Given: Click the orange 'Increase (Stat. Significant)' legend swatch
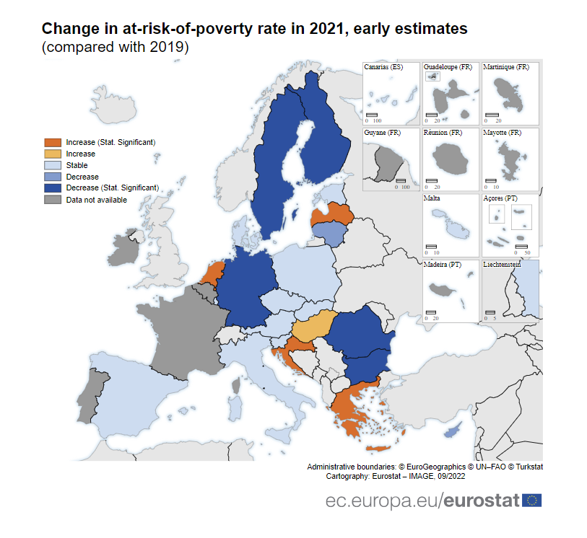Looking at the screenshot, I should point(52,142).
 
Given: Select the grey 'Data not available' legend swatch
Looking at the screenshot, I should point(52,200).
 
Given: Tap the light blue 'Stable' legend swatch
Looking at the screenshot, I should point(52,165).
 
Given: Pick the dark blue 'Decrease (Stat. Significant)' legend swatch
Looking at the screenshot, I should point(52,188).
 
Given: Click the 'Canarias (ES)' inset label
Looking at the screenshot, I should point(383,67).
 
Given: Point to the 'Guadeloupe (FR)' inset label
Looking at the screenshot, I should point(448,67).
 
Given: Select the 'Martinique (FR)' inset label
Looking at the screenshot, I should point(506,67).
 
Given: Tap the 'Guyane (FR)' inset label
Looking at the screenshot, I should point(383,133).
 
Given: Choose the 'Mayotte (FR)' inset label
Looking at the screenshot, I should point(503,133).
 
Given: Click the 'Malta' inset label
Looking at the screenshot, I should point(432,198).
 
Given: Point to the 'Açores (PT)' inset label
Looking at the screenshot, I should point(500,198).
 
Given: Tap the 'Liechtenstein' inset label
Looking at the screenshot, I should point(503,264).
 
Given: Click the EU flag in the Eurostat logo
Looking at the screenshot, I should point(532,500).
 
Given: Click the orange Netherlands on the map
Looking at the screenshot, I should point(212,275).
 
